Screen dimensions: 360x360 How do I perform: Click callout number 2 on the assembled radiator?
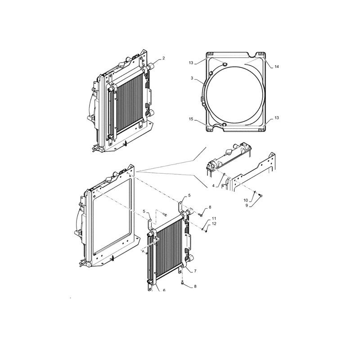pos(164,58)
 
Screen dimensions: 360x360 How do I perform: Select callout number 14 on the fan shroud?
pos(277,67)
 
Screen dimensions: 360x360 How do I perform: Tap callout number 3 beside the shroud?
pos(192,78)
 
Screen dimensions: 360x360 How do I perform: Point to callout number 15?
pos(191,119)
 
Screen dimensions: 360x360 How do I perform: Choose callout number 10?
pos(246,200)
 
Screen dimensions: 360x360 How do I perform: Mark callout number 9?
pos(246,206)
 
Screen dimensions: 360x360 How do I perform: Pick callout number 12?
pos(214,224)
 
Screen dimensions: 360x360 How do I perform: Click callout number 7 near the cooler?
pos(196,271)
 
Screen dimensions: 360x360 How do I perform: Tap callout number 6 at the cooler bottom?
pos(164,290)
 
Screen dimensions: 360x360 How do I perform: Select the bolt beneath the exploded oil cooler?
pos(183,283)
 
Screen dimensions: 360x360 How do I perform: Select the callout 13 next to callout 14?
pos(191,63)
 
